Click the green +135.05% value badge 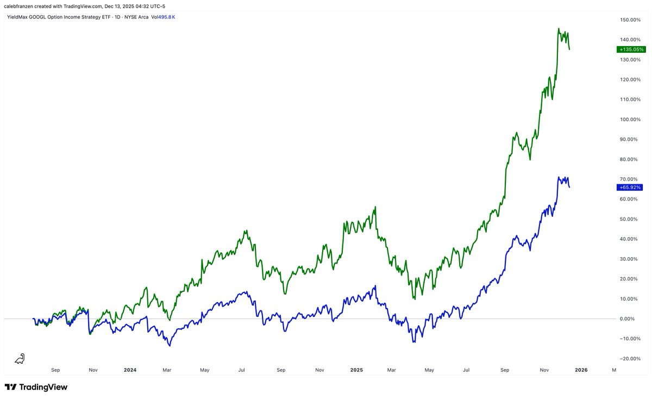[631, 49]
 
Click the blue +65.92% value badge [630, 188]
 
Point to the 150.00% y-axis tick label [631, 20]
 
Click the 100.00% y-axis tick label [631, 119]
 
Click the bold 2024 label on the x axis [130, 370]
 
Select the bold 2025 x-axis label [356, 370]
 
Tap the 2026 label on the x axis [581, 370]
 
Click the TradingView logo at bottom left [36, 387]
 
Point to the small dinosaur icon [20, 358]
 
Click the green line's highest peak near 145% [559, 29]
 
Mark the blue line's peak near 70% [559, 177]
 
